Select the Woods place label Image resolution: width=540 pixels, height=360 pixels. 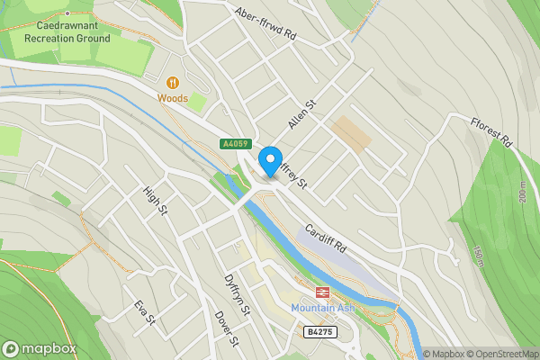click(173, 97)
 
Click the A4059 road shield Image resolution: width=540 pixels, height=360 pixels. click(233, 143)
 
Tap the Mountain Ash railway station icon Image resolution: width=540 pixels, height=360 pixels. click(321, 292)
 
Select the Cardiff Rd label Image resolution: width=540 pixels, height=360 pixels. click(325, 238)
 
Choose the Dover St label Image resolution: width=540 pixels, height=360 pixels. click(227, 328)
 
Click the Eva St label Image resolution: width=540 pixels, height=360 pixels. click(145, 314)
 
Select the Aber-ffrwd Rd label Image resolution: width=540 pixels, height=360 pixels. click(265, 24)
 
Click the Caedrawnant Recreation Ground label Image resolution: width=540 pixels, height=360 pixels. click(67, 32)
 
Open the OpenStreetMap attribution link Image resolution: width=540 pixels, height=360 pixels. click(499, 354)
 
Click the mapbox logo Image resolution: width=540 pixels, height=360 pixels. click(40, 348)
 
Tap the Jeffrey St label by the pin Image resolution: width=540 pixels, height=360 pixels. click(293, 174)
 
